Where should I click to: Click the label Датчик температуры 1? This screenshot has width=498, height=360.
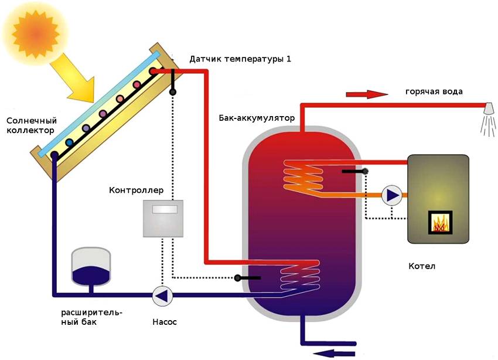click(x=240, y=60)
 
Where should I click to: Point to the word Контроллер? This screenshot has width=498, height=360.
click(x=137, y=191)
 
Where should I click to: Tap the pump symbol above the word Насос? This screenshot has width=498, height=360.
click(x=162, y=296)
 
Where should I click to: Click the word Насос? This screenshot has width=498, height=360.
click(x=164, y=322)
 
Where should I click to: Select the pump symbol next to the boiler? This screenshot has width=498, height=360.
click(x=391, y=195)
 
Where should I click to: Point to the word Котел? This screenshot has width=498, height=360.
click(x=422, y=266)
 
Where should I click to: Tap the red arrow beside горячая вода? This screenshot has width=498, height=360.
click(x=367, y=94)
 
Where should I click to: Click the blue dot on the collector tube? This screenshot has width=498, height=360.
click(x=70, y=142)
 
